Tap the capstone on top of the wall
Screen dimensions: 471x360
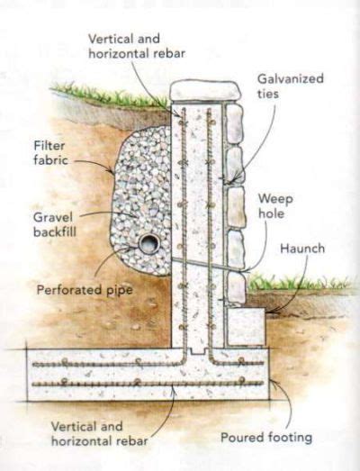pyautogui.click(x=206, y=91)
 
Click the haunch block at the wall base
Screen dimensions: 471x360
pyautogui.click(x=245, y=326)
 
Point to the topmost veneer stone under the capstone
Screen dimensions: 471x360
pyautogui.click(x=234, y=122)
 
